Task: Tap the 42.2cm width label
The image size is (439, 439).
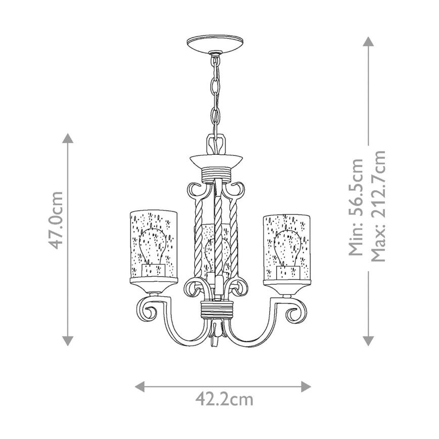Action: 224,400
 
